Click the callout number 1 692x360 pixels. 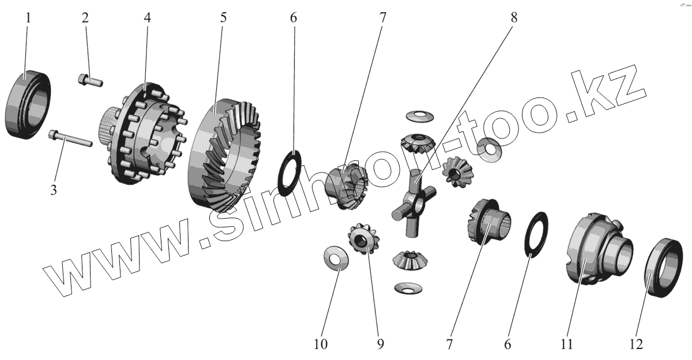pyautogui.click(x=28, y=17)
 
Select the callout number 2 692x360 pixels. pyautogui.click(x=85, y=17)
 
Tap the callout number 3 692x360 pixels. pyautogui.click(x=53, y=189)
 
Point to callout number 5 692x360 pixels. pyautogui.click(x=223, y=17)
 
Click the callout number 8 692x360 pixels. pyautogui.click(x=514, y=17)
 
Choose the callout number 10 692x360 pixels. pyautogui.click(x=321, y=344)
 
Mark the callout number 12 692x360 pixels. pyautogui.click(x=637, y=344)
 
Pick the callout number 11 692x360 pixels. pyautogui.click(x=566, y=344)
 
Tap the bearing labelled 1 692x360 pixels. pyautogui.click(x=28, y=104)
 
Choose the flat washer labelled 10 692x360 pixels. pyautogui.click(x=336, y=257)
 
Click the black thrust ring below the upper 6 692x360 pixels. pyautogui.click(x=289, y=172)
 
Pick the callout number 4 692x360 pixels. pyautogui.click(x=148, y=17)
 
